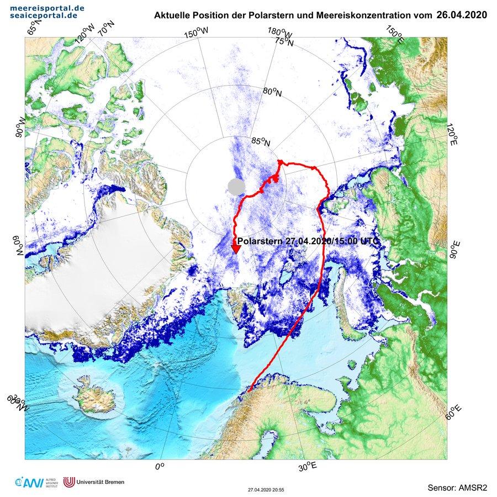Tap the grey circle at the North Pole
[x=236, y=186]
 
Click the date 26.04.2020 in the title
[x=461, y=15]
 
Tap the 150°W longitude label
[x=197, y=34]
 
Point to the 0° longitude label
[x=160, y=467]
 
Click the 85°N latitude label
[x=261, y=142]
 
